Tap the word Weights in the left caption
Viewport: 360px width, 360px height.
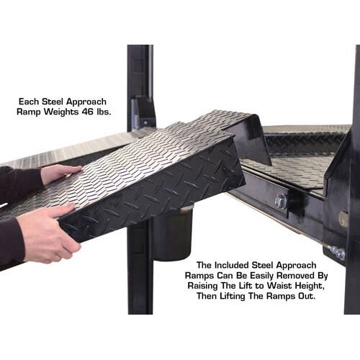pyautogui.click(x=61, y=112)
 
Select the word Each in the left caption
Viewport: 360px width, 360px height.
pyautogui.click(x=29, y=102)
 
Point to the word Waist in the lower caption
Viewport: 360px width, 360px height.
pyautogui.click(x=280, y=286)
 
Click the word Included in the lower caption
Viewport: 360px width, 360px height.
pyautogui.click(x=232, y=265)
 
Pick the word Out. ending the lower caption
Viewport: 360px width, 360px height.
pyautogui.click(x=306, y=296)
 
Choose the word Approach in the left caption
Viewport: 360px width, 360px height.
pyautogui.click(x=86, y=102)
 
